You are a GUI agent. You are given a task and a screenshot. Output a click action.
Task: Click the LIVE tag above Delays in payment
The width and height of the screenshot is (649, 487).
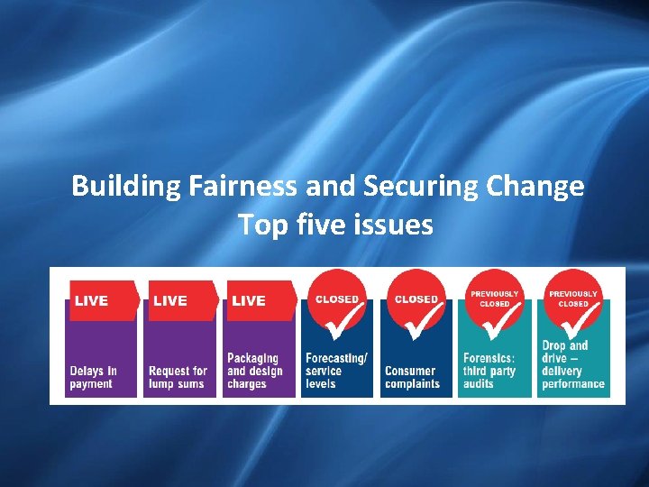[93, 300]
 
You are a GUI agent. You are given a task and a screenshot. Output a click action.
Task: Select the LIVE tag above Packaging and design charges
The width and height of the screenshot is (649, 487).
[250, 300]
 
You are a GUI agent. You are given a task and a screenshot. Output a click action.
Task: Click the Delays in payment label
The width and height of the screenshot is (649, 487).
[94, 377]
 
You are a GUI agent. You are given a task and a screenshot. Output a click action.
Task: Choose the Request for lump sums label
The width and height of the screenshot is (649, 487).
[178, 377]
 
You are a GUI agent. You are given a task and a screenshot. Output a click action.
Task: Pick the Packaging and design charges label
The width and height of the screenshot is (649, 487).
[254, 371]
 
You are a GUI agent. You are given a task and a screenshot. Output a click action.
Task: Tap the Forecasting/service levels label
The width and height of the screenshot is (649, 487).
[336, 371]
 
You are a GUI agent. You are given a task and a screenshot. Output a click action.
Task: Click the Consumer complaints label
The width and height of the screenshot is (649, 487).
[412, 377]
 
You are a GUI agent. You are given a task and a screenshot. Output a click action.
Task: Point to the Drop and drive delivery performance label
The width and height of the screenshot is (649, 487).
[572, 364]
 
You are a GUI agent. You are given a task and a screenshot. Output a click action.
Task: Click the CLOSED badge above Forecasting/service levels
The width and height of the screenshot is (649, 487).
[337, 299]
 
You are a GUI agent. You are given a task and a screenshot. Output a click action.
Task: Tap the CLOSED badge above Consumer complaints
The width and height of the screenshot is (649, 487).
[416, 299]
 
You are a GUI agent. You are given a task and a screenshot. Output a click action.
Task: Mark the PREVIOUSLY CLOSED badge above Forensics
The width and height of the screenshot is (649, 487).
[494, 299]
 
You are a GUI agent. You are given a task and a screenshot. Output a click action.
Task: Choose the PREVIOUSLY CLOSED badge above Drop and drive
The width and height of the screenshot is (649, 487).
[573, 299]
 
